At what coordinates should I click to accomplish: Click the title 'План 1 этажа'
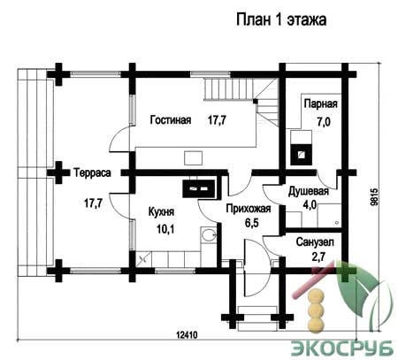click(x=281, y=20)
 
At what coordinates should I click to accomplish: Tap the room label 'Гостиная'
click(x=171, y=120)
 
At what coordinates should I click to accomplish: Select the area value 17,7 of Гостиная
click(x=217, y=120)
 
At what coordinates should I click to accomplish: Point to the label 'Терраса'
click(x=92, y=172)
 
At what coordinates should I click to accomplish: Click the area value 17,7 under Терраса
click(x=94, y=203)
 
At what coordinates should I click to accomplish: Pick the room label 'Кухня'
click(x=161, y=212)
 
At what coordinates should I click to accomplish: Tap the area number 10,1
click(x=165, y=229)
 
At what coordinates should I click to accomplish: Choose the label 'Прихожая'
click(x=249, y=209)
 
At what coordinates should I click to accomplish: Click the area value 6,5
click(x=251, y=223)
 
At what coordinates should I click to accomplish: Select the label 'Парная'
click(x=321, y=103)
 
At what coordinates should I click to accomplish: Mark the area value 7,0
click(x=324, y=121)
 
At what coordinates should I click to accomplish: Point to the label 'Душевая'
click(x=309, y=191)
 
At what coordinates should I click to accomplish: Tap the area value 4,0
click(x=310, y=204)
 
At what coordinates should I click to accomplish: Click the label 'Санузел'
click(x=315, y=242)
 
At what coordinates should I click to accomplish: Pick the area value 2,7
click(x=318, y=257)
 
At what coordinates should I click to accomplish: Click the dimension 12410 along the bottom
click(x=187, y=335)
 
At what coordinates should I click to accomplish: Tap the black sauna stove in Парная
click(x=301, y=154)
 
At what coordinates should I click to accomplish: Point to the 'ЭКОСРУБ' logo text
click(x=342, y=349)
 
